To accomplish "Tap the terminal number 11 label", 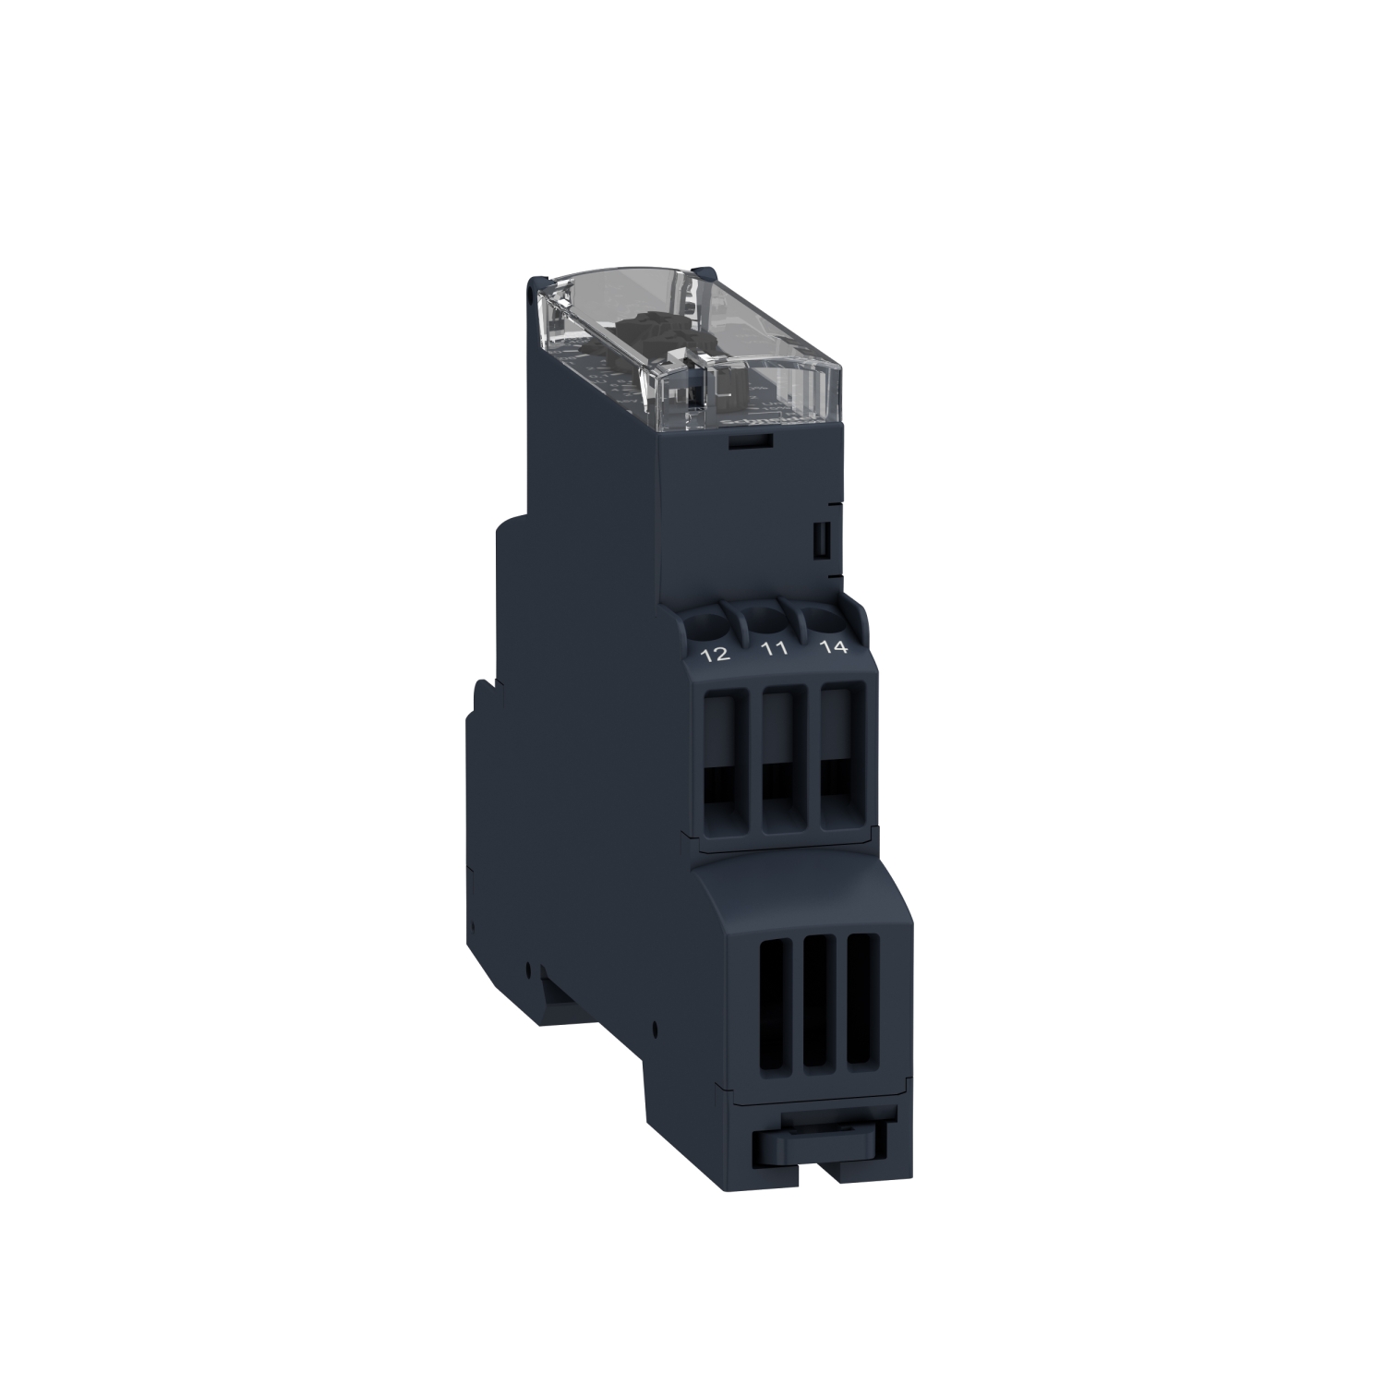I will [774, 649].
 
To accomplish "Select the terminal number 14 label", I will [832, 646].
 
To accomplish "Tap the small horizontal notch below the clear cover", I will [752, 443].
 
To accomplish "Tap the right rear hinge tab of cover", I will [709, 271].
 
